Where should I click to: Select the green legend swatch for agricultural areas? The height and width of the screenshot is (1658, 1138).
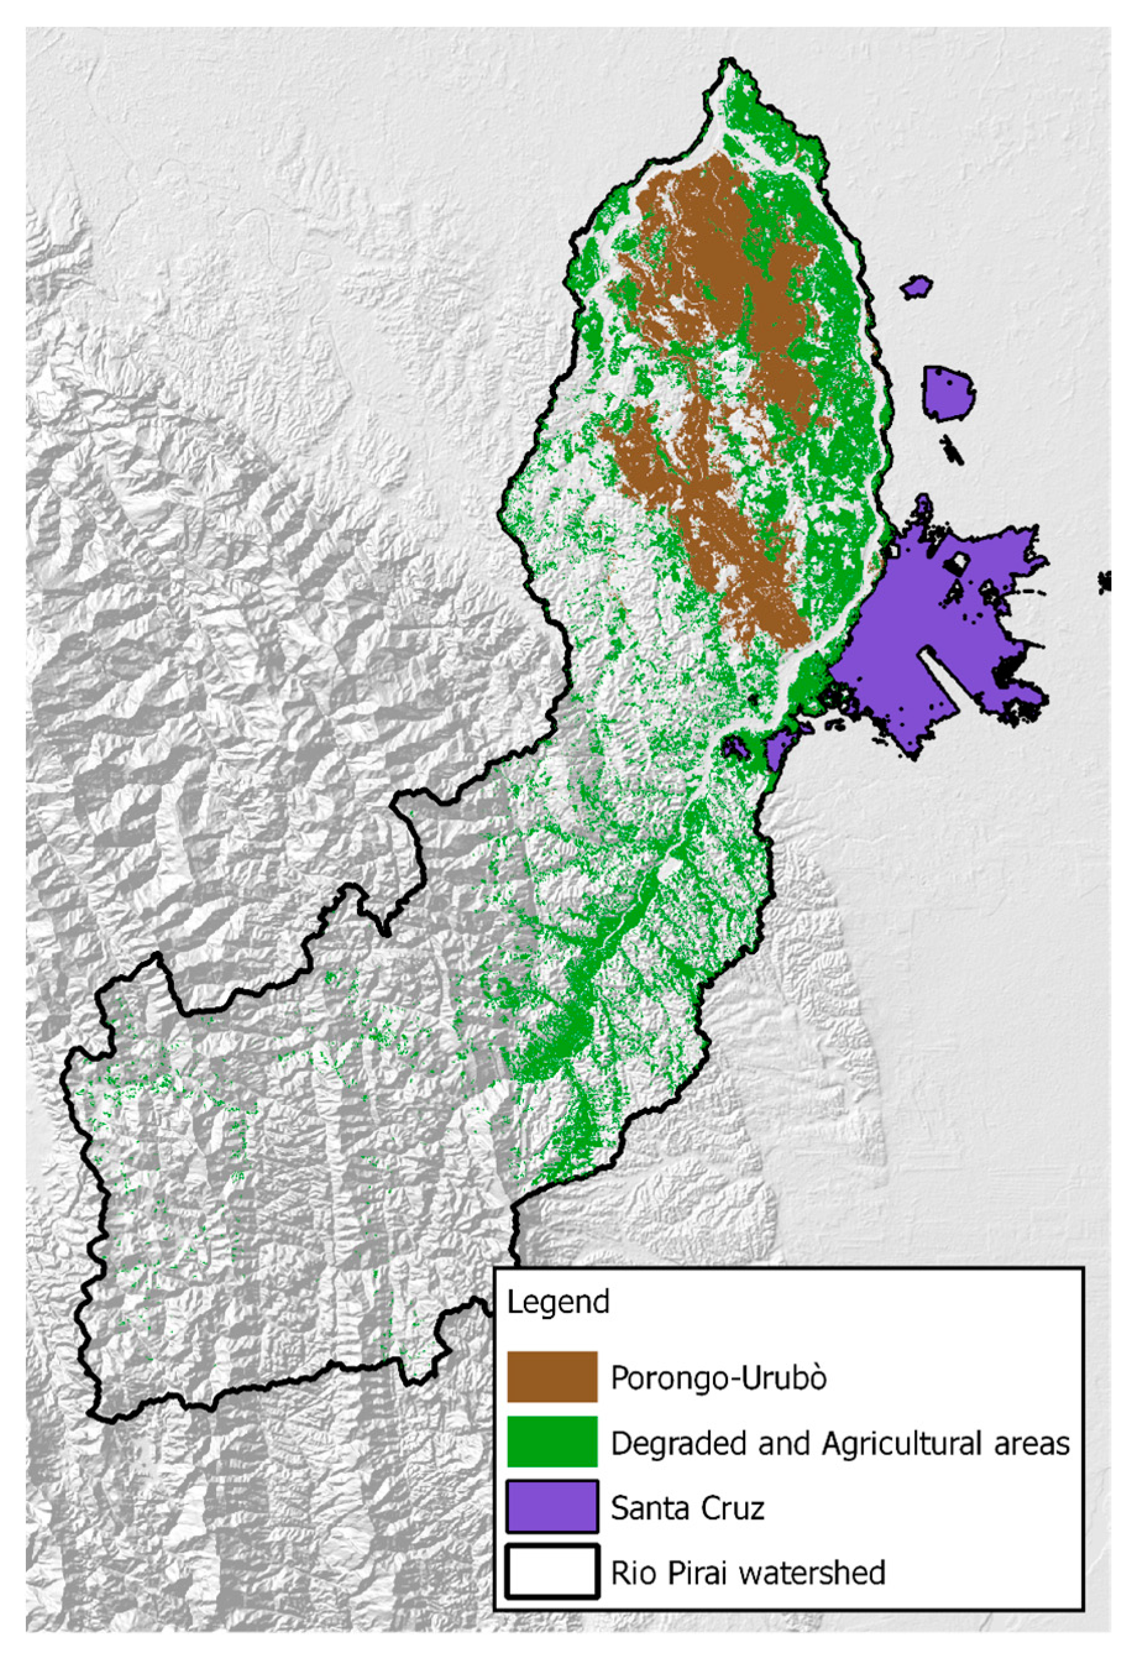coord(552,1442)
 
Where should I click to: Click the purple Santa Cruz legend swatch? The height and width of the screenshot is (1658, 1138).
coord(552,1506)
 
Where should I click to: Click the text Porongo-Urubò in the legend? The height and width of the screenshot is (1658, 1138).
coord(718,1378)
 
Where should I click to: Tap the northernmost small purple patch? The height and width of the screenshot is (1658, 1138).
coord(916,287)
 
